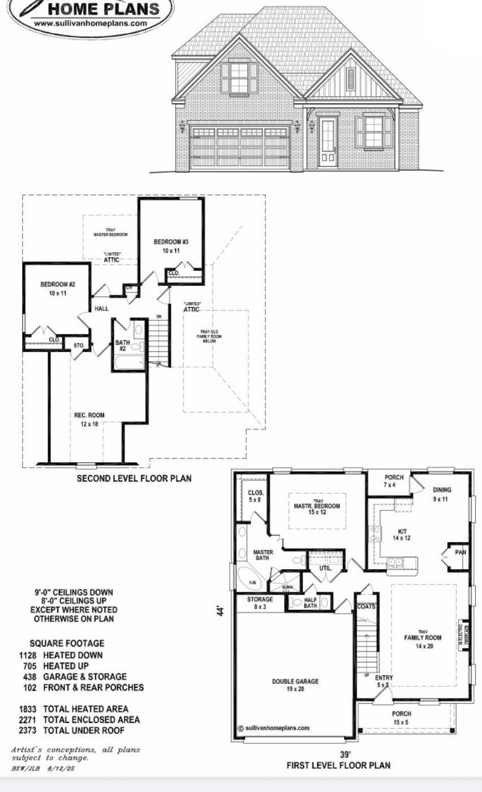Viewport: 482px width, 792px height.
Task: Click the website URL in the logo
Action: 91,24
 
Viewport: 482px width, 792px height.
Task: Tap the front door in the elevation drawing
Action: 328,142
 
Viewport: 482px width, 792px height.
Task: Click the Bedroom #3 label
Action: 171,246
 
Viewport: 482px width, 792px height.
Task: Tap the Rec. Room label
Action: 89,419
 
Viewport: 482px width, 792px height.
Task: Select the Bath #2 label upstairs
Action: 123,345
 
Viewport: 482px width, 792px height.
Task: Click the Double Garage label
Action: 295,685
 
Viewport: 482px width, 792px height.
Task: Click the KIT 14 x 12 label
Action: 402,535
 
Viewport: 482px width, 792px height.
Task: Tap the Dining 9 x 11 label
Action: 442,494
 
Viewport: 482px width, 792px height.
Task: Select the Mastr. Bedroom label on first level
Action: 317,509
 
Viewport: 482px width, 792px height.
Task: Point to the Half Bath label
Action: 310,602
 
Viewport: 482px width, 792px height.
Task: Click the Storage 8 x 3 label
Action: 260,602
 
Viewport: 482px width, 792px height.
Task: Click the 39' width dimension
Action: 345,754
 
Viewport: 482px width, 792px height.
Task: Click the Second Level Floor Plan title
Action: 134,478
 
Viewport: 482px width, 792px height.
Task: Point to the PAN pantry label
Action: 461,552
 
